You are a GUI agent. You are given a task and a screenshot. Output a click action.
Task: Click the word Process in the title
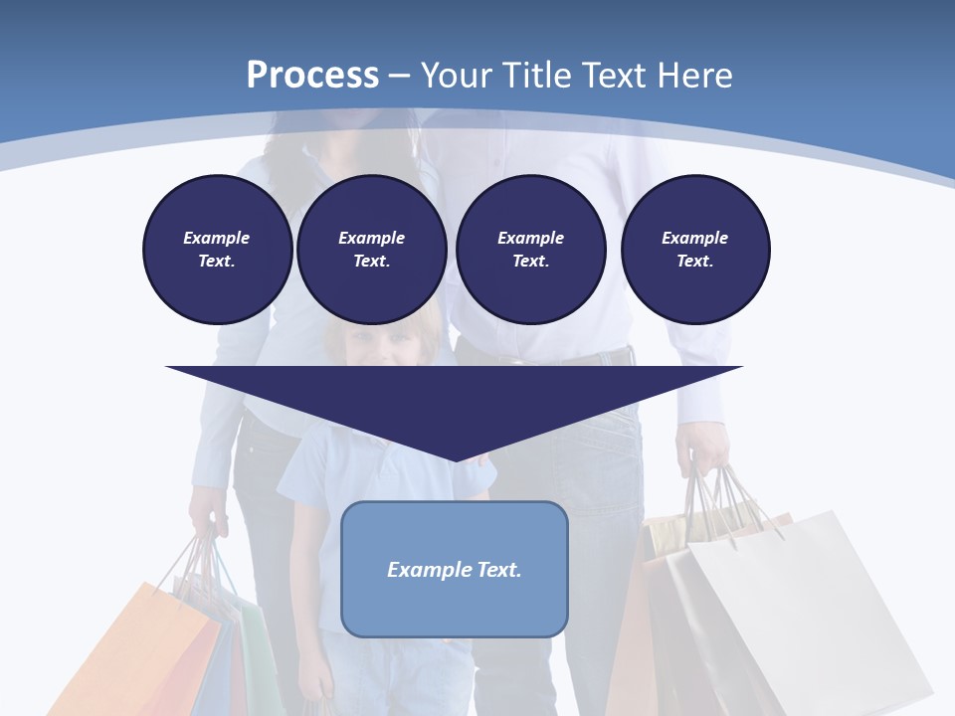pyautogui.click(x=312, y=76)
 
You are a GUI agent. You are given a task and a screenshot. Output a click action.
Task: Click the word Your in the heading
pyautogui.click(x=457, y=76)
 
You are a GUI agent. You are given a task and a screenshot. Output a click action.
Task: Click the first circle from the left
pyautogui.click(x=217, y=250)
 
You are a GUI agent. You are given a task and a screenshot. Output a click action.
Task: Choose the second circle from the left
pyautogui.click(x=371, y=250)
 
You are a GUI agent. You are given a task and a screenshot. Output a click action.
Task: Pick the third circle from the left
pyautogui.click(x=530, y=250)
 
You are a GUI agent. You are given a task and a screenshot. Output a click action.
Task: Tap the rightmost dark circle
pyautogui.click(x=695, y=250)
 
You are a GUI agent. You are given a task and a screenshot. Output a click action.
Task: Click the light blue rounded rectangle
pyautogui.click(x=455, y=569)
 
